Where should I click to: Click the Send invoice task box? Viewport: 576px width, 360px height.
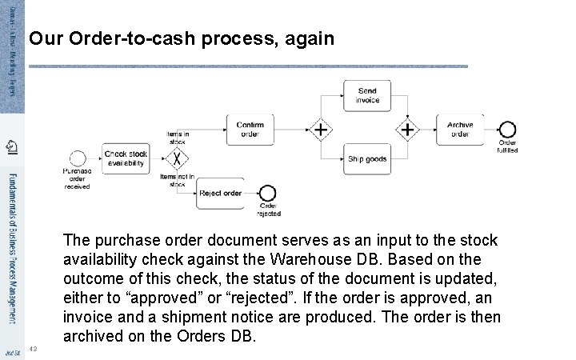click(x=367, y=96)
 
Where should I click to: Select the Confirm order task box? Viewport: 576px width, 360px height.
click(x=250, y=129)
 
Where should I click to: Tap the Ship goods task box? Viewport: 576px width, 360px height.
click(x=367, y=158)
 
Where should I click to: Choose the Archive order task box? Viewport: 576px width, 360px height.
click(x=460, y=129)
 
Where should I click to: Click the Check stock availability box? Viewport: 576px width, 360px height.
click(x=126, y=158)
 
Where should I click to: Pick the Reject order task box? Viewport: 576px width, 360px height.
click(x=220, y=193)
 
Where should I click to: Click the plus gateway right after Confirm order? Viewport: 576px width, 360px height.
click(x=321, y=129)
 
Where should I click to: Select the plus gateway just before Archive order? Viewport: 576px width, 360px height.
click(x=409, y=129)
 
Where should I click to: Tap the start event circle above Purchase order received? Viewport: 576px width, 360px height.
click(x=78, y=158)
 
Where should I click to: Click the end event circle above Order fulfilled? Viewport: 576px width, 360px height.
click(x=507, y=130)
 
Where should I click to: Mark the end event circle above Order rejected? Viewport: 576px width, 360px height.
click(x=268, y=193)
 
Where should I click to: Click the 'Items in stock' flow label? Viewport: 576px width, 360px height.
click(x=178, y=137)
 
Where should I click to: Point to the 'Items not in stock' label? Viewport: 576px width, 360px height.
click(x=178, y=180)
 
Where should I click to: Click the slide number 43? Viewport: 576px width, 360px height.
click(x=33, y=348)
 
